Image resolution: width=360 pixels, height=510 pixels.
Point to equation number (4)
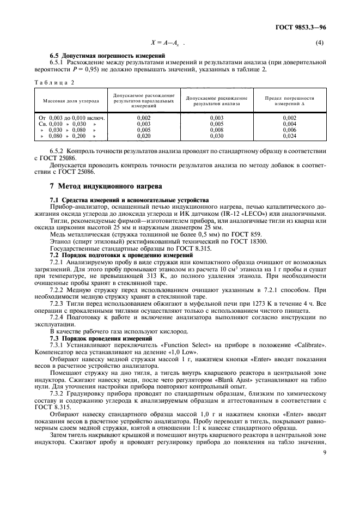320,42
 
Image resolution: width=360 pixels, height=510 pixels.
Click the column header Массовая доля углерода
71,101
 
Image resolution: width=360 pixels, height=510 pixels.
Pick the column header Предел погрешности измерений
289,101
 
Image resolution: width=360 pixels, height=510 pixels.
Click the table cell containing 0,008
216,131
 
